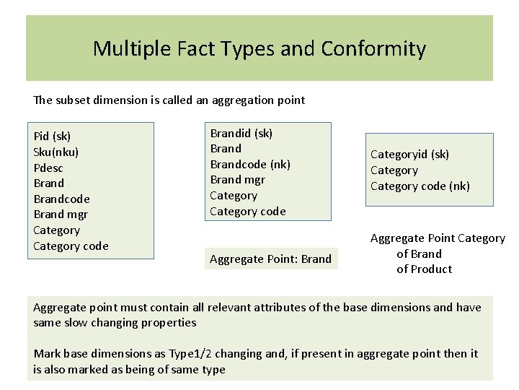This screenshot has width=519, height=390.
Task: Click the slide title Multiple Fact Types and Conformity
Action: (x=259, y=49)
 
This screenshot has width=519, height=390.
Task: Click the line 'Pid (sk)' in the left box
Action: (x=52, y=136)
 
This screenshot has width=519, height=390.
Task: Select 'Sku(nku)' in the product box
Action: (x=56, y=152)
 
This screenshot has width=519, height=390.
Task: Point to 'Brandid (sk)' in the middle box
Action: (x=241, y=133)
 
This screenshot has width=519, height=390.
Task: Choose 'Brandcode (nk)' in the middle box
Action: (x=249, y=164)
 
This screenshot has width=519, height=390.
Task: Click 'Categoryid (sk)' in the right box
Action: (x=409, y=154)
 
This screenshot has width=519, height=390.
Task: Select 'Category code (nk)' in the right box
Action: (x=420, y=186)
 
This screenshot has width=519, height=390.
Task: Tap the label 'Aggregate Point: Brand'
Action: (x=270, y=259)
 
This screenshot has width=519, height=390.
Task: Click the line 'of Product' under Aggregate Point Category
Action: (x=425, y=269)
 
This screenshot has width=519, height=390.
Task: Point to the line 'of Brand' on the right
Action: (x=419, y=253)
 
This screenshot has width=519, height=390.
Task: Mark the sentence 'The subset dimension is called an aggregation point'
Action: (x=169, y=100)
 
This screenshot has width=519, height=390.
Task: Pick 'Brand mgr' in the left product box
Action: (x=60, y=214)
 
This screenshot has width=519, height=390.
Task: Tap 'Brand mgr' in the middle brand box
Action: (x=237, y=180)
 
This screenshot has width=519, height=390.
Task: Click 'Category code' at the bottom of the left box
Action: (x=71, y=246)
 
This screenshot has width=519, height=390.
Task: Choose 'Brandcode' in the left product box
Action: (x=61, y=199)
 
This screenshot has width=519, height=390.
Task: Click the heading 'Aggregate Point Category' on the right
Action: (x=438, y=238)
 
